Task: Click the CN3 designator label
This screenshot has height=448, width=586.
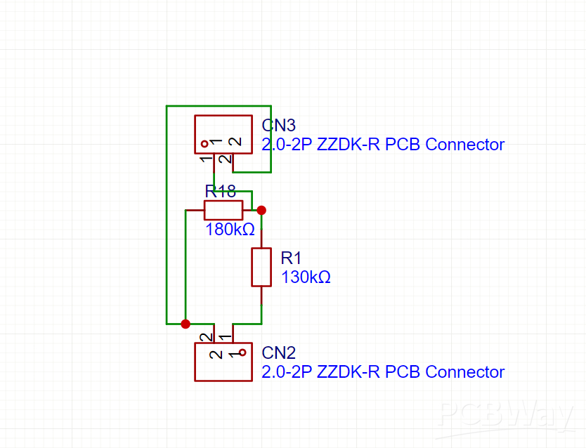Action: click(279, 126)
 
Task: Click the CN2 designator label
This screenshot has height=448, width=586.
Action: click(279, 353)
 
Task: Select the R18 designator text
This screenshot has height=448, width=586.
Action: click(220, 192)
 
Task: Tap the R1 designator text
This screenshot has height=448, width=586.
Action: click(291, 258)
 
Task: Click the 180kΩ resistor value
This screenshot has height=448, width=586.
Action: click(230, 230)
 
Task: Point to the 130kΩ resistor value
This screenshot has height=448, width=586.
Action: click(306, 277)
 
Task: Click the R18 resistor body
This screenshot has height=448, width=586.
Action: click(223, 210)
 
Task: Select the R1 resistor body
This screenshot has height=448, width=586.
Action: click(261, 267)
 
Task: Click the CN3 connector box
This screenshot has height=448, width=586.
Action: click(223, 134)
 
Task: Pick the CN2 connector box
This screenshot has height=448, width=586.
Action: click(223, 362)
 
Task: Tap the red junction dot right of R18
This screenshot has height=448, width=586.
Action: click(261, 210)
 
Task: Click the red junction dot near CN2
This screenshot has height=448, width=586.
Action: click(185, 324)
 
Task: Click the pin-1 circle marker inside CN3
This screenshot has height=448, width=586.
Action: click(204, 144)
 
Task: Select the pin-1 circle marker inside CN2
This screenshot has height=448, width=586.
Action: click(242, 353)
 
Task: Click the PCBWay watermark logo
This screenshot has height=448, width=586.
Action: click(504, 417)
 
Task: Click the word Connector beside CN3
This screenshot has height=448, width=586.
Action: click(465, 145)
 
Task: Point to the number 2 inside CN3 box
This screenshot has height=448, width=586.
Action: click(236, 142)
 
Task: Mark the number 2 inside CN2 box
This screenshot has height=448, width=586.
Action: click(211, 354)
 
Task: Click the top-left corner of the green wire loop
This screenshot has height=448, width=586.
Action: click(167, 106)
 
